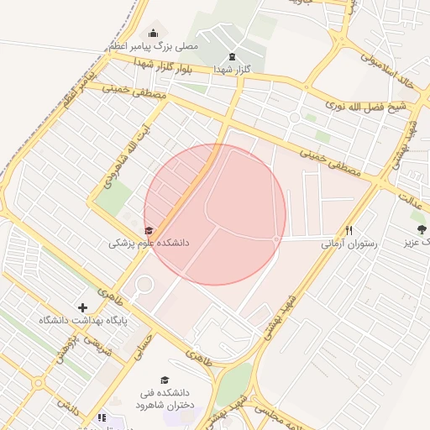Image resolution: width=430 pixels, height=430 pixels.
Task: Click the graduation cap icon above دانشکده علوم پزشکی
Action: (149, 230)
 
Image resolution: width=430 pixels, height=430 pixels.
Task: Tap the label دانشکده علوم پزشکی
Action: (149, 243)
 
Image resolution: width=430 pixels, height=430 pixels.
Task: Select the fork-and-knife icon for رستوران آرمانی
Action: (349, 230)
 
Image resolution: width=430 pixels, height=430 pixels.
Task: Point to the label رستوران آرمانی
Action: (349, 244)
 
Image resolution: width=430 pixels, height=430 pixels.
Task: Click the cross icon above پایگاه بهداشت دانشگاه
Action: (82, 307)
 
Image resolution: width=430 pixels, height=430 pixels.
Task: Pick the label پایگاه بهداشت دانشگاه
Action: (81, 321)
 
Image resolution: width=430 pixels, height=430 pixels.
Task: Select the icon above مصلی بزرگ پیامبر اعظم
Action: (152, 33)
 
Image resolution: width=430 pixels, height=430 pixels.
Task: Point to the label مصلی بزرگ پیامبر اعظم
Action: (153, 45)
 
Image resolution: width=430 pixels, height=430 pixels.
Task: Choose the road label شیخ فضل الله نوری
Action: (366, 106)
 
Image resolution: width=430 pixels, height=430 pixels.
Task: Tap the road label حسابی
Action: (140, 343)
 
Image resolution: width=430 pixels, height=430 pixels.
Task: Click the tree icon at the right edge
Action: (420, 228)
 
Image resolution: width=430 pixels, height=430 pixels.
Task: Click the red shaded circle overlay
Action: (215, 214)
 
